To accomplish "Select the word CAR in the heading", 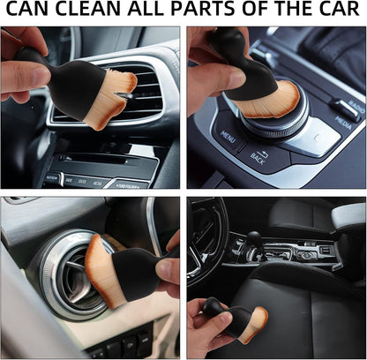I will coord(334,10).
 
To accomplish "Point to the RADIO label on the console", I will coord(356,109).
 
